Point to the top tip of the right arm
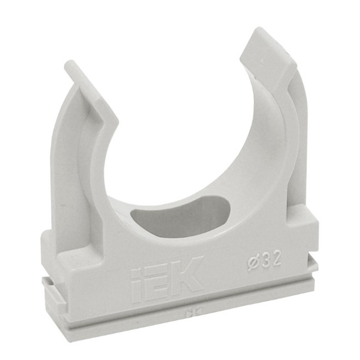tap(259, 29)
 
